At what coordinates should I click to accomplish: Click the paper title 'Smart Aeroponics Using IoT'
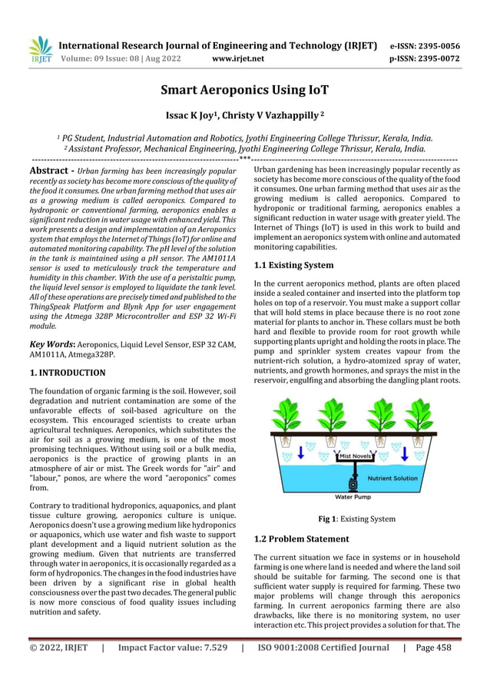244,91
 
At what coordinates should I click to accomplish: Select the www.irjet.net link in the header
237,58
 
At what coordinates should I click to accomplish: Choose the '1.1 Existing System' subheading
293,265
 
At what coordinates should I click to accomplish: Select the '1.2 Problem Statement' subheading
301,539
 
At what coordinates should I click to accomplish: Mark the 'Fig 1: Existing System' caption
356,519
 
